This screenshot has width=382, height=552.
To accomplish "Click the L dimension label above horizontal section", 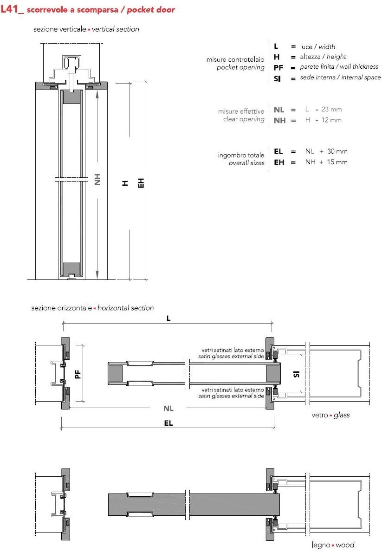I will (168, 319).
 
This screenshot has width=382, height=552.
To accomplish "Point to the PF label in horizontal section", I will (78, 373).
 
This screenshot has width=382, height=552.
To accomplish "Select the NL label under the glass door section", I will (168, 408).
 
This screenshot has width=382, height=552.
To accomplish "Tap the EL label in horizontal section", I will (168, 423).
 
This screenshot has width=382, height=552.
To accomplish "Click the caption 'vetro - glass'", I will (330, 415).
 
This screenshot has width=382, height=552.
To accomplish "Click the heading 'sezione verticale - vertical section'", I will (86, 29).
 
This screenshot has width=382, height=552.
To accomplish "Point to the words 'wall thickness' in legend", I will (359, 67).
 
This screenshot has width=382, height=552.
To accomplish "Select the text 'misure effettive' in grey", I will (241, 111).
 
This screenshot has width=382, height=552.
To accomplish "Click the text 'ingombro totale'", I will (241, 155).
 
